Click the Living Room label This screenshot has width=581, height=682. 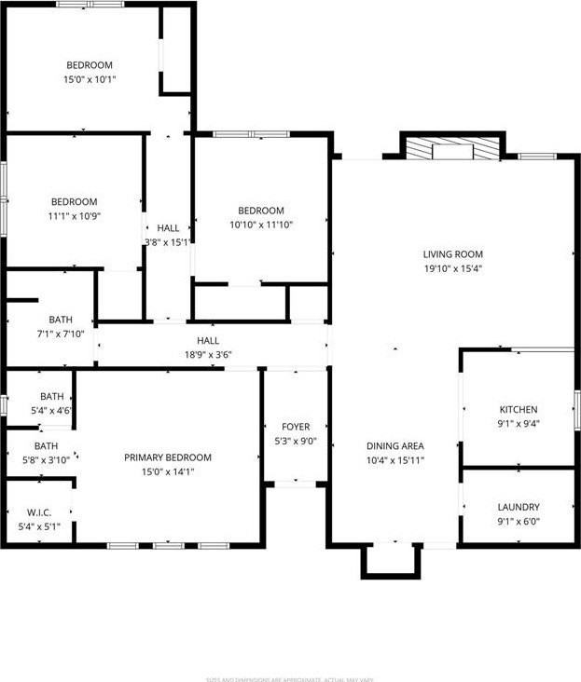click(x=453, y=253)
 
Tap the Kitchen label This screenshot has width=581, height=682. click(x=519, y=409)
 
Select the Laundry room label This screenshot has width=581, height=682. click(x=519, y=507)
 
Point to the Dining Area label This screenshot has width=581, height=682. click(x=395, y=446)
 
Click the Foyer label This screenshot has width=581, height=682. click(x=296, y=427)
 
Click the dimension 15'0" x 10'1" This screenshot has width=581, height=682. click(x=90, y=79)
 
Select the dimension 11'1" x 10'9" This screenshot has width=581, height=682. click(x=74, y=216)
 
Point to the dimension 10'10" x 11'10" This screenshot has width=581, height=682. click(x=261, y=225)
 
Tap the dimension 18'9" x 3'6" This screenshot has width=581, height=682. click(x=207, y=355)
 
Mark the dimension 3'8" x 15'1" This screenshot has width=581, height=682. click(x=168, y=242)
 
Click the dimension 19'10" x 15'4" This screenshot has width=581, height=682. click(x=453, y=268)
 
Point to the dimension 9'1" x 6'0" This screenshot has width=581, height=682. click(x=519, y=522)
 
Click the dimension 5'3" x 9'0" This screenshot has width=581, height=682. click(x=296, y=442)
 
